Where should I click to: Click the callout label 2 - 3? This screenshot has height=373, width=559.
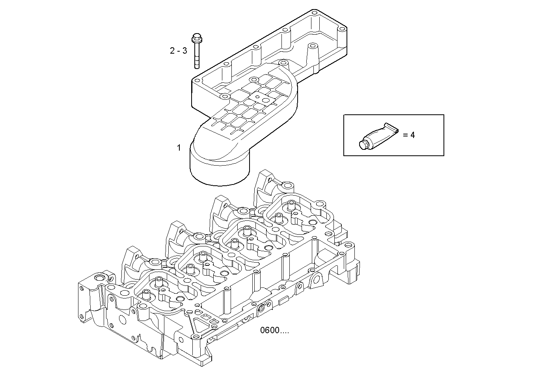click(x=178, y=51)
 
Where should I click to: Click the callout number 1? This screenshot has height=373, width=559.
click(x=179, y=148)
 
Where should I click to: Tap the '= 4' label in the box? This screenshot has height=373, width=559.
click(x=409, y=135)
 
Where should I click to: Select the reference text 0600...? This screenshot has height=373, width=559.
click(x=274, y=330)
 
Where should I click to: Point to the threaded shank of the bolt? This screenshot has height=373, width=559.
click(x=196, y=57)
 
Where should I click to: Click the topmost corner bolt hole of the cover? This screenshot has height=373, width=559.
click(x=314, y=14)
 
